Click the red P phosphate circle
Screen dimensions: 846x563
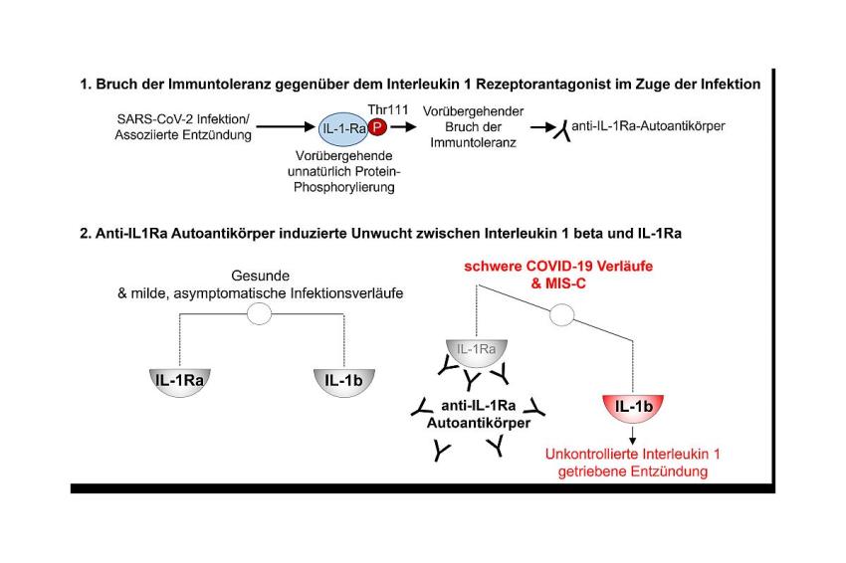pos(377,127)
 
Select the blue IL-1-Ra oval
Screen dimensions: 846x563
pos(343,129)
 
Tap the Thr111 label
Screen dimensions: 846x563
pos(388,110)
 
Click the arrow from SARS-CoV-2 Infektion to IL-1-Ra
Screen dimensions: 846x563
pos(286,127)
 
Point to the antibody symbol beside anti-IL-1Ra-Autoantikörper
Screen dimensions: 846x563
pos(562,131)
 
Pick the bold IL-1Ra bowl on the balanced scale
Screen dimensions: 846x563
pos(180,383)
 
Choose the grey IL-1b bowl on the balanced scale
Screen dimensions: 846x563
pos(343,383)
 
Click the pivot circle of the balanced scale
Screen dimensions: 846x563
pos(259,314)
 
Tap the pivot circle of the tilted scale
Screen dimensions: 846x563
pos(561,314)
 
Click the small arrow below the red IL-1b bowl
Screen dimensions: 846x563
pos(633,436)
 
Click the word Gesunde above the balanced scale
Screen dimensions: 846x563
pos(260,276)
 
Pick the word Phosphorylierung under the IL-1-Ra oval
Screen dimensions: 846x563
pos(343,188)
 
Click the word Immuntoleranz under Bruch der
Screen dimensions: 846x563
pos(473,143)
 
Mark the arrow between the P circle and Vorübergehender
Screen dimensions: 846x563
pos(403,127)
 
